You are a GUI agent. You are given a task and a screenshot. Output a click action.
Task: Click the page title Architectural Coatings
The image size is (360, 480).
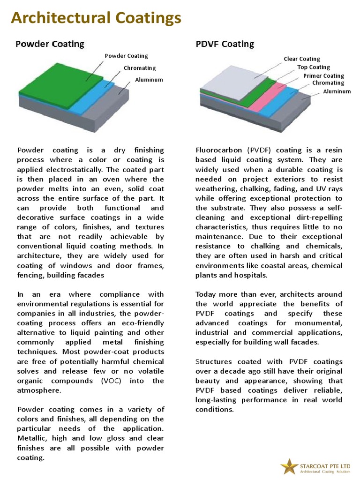96,18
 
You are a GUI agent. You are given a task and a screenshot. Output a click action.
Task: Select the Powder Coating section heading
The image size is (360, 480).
50,44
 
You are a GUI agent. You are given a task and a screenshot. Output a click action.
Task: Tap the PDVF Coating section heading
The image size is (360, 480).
225,44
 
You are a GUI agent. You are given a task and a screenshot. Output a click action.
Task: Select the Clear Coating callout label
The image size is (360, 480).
302,59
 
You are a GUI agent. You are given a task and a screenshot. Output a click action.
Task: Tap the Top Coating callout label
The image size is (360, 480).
314,67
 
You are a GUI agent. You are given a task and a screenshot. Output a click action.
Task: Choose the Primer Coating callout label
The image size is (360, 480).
323,76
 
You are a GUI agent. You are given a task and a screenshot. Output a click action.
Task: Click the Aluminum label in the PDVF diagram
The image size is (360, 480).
337,92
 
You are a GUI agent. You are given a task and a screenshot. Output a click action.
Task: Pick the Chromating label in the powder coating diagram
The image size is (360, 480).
140,68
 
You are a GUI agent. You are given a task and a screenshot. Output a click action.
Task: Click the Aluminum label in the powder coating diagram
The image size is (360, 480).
149,80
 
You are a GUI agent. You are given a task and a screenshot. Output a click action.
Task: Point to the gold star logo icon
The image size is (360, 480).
289,466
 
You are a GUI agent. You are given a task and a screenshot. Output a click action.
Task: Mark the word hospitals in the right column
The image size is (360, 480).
251,275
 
